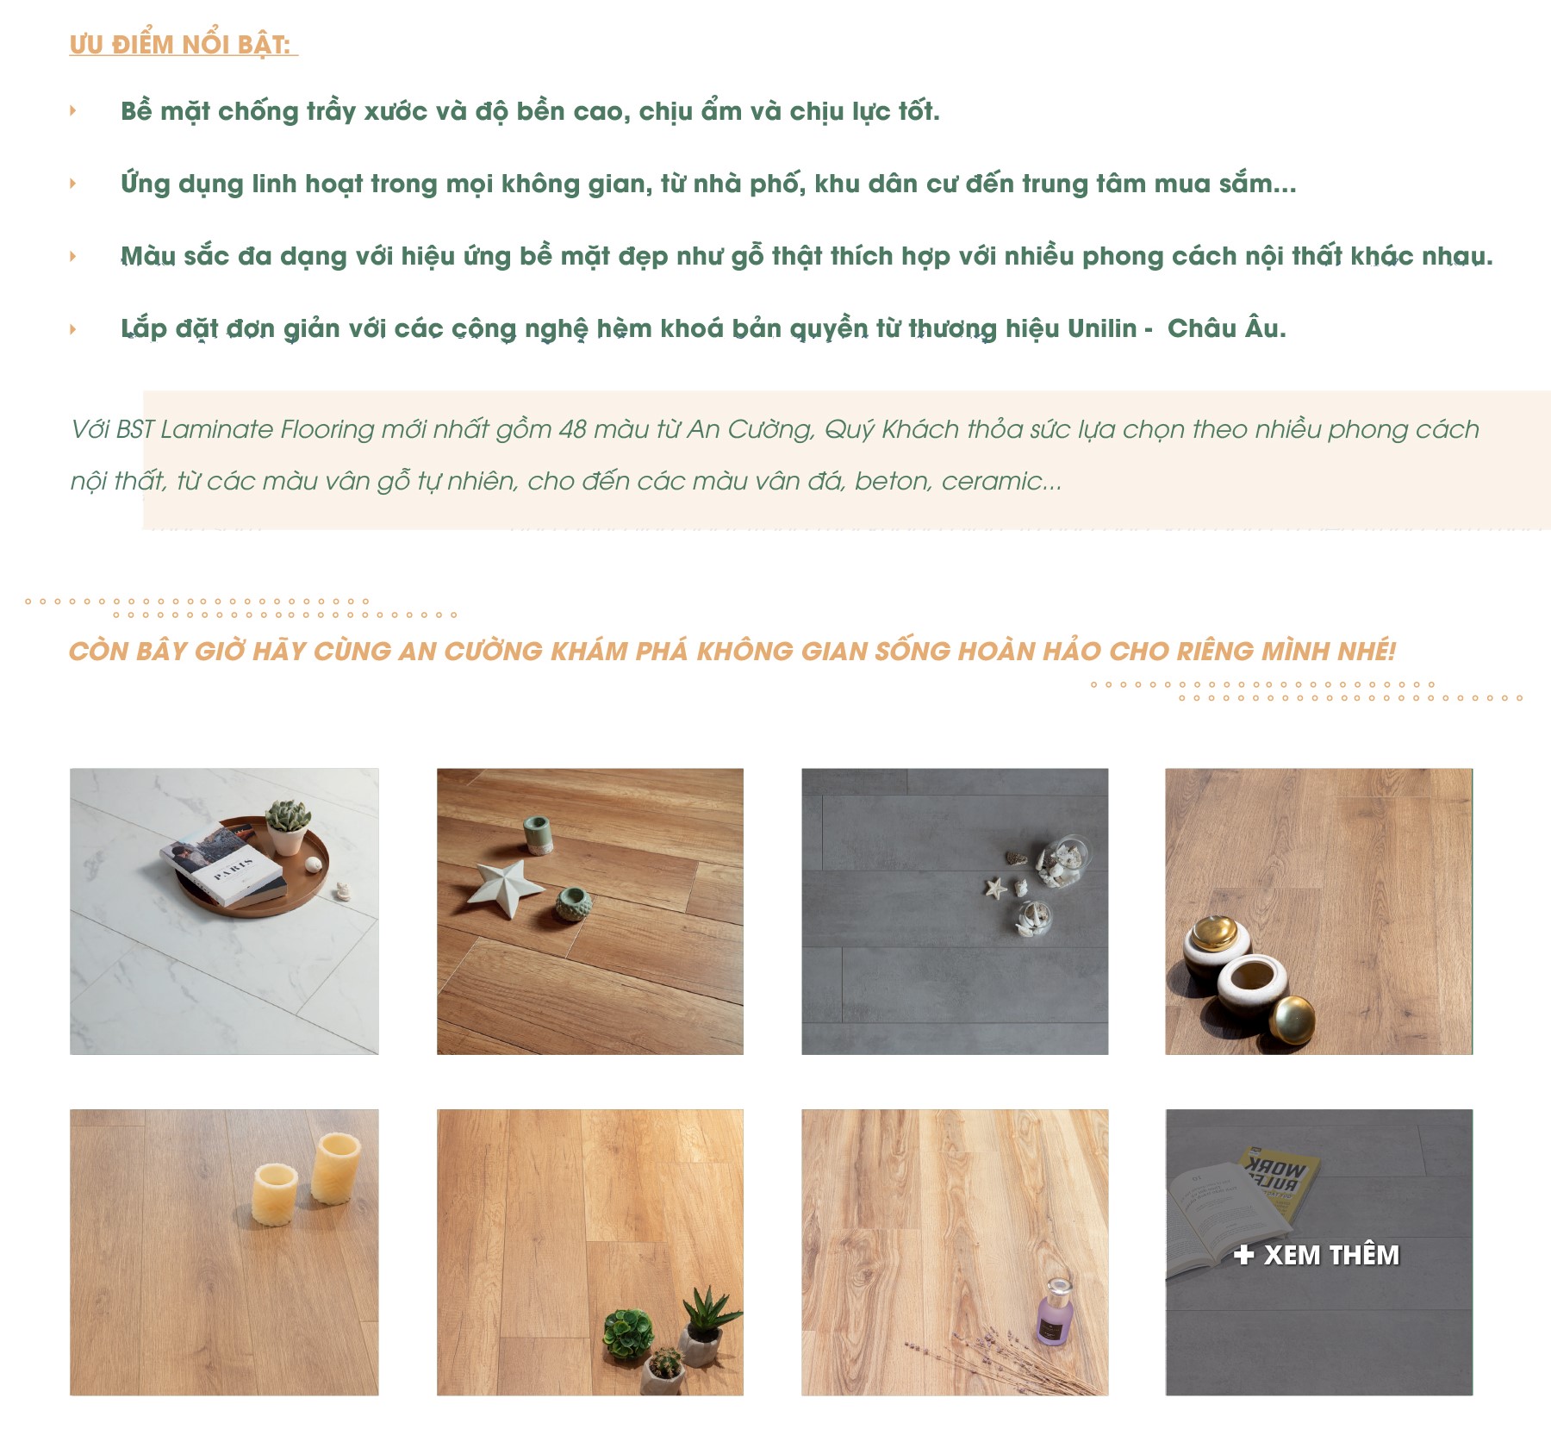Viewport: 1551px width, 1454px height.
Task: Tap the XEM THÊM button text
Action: coord(1317,1255)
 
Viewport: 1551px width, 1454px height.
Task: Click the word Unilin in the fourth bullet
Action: coord(1102,328)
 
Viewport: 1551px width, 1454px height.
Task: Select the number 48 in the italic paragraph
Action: coord(572,429)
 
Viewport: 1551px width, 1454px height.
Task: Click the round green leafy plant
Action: coord(627,1334)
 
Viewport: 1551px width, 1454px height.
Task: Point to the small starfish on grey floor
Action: coord(996,887)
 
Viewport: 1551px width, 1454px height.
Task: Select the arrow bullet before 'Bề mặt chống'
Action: coord(73,110)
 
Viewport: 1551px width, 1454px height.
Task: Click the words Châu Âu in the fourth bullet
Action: coord(1226,328)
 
